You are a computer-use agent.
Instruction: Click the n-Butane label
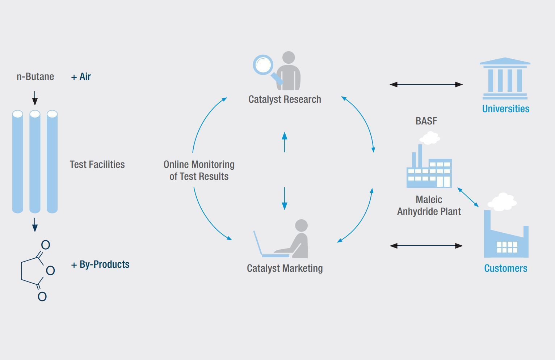pyautogui.click(x=35, y=77)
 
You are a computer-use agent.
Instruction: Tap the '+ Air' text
pyautogui.click(x=81, y=77)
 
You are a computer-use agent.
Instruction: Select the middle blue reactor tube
pyautogui.click(x=35, y=161)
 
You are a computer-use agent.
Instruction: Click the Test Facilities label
pyautogui.click(x=97, y=165)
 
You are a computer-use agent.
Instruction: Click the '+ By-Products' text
pyautogui.click(x=100, y=264)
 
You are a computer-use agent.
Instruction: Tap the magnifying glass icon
pyautogui.click(x=264, y=66)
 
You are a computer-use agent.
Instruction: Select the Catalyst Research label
pyautogui.click(x=285, y=99)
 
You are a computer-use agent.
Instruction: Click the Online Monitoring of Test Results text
pyautogui.click(x=199, y=170)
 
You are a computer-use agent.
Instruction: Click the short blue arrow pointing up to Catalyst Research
pyautogui.click(x=285, y=142)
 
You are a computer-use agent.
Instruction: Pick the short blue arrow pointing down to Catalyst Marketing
pyautogui.click(x=285, y=198)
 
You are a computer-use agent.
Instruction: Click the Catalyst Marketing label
pyautogui.click(x=285, y=268)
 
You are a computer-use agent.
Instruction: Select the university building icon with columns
pyautogui.click(x=505, y=79)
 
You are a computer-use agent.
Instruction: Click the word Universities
pyautogui.click(x=505, y=109)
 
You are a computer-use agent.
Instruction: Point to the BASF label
pyautogui.click(x=426, y=121)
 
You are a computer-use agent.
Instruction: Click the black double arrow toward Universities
pyautogui.click(x=426, y=84)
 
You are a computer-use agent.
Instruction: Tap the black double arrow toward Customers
pyautogui.click(x=426, y=246)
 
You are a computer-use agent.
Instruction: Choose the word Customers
pyautogui.click(x=505, y=268)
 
